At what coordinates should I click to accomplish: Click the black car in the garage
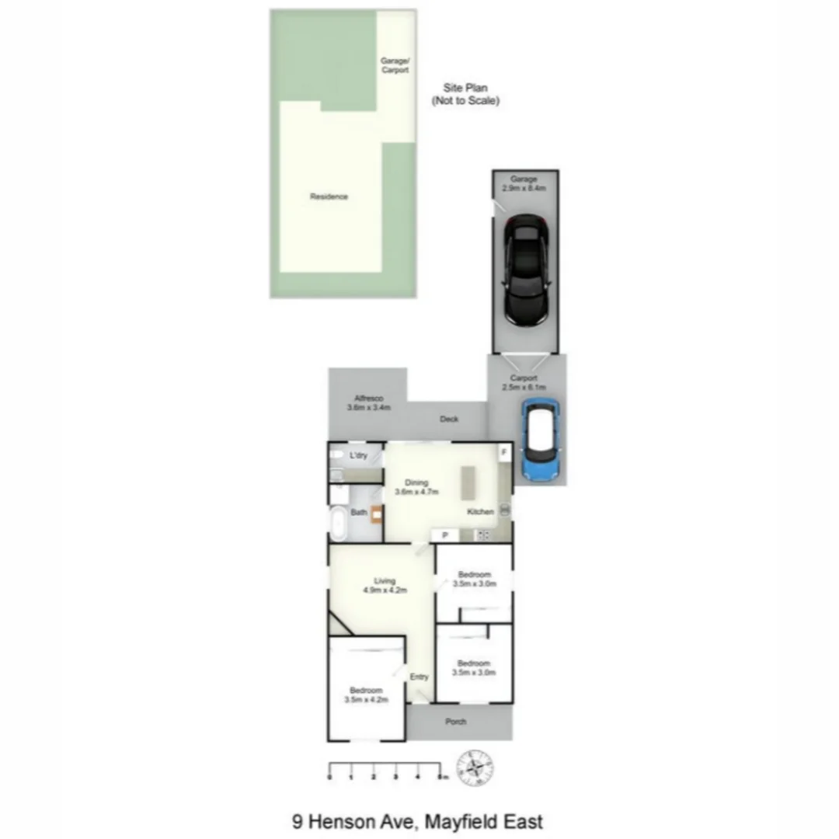(526, 270)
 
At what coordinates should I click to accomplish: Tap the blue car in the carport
(540, 440)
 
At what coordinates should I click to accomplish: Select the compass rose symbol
(475, 769)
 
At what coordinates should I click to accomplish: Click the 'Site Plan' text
(465, 88)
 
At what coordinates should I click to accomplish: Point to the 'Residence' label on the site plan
(329, 197)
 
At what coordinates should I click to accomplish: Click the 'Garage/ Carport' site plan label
(395, 65)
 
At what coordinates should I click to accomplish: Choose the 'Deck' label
(449, 419)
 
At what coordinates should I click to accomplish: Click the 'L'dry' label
(358, 455)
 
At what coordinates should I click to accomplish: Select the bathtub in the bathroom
(339, 524)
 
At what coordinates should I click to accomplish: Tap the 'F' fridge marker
(503, 452)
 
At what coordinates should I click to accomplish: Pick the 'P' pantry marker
(445, 534)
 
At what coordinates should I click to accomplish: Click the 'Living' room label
(385, 580)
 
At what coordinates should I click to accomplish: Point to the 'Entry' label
(419, 677)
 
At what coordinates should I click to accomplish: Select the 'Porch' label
(456, 722)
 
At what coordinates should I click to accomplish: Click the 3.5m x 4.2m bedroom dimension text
(366, 700)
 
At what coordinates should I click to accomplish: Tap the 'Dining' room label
(416, 482)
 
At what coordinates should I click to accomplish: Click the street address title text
(417, 821)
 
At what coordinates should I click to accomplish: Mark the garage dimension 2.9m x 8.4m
(524, 189)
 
